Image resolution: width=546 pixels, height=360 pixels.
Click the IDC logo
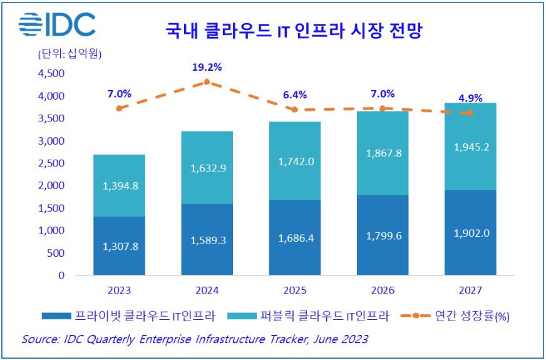point(57,24)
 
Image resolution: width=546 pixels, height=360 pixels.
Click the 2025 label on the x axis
point(294,291)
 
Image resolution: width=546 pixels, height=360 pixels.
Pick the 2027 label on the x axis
point(470,291)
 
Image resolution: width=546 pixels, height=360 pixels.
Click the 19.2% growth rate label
point(207,68)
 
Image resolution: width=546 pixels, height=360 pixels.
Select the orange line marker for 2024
point(207,81)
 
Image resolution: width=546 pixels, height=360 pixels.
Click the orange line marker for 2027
point(470,113)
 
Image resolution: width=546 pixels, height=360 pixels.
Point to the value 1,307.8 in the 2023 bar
point(119,246)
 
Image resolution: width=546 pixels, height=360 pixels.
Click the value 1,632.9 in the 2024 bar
point(207,167)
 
